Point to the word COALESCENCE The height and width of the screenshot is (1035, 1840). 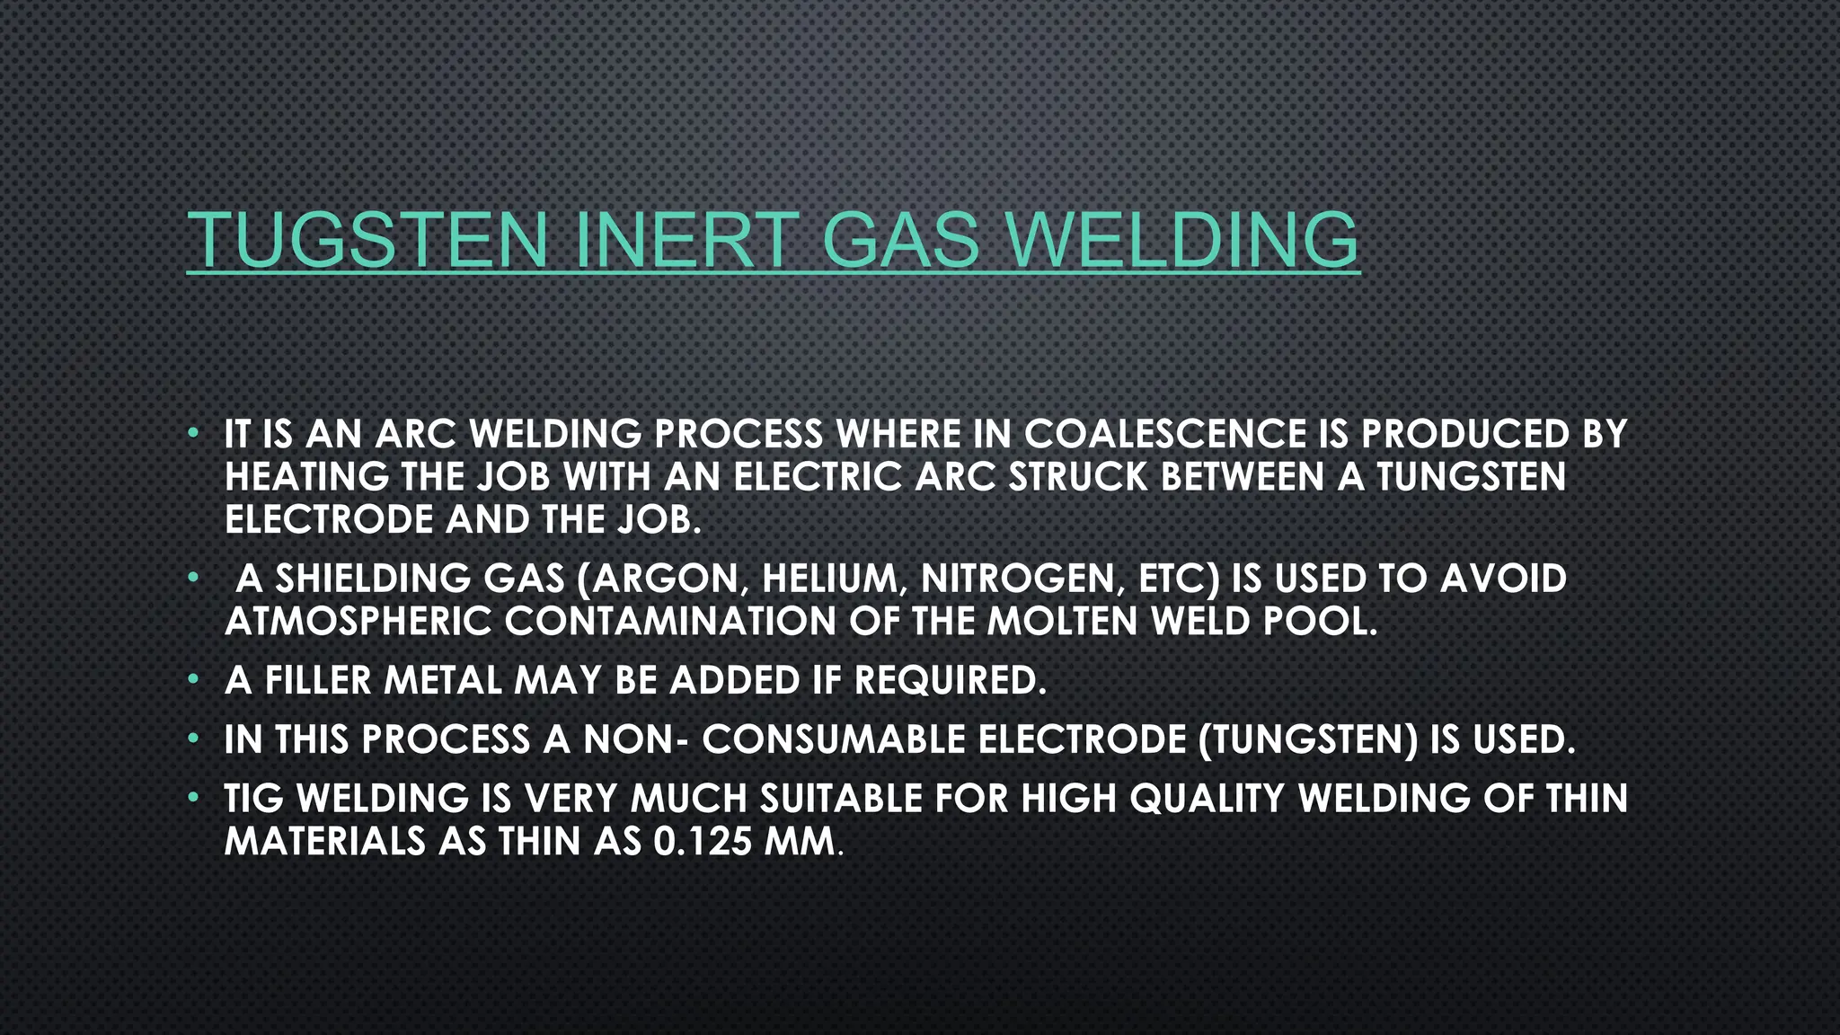coord(1165,435)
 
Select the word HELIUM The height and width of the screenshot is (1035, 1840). coord(835,579)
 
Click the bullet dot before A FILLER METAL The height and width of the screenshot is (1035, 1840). coord(192,680)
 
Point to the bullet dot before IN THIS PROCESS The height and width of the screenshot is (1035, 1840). coord(192,739)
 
